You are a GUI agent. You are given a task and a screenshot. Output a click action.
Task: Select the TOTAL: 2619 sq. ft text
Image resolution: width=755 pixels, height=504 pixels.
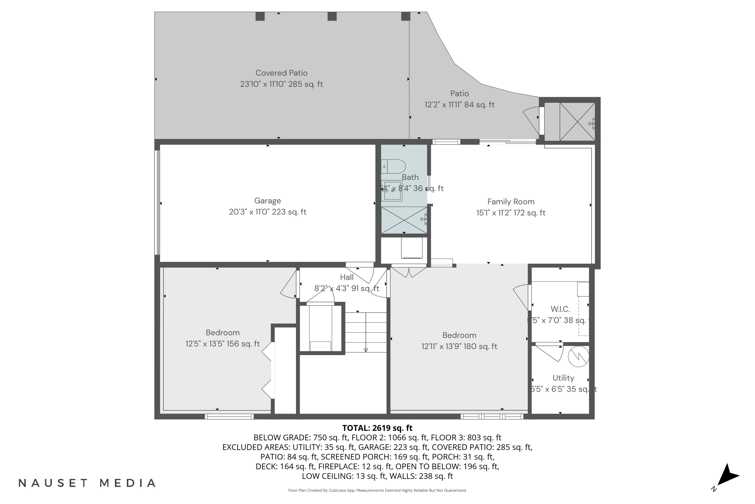click(377, 428)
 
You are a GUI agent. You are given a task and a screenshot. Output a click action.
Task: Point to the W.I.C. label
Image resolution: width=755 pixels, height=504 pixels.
click(560, 309)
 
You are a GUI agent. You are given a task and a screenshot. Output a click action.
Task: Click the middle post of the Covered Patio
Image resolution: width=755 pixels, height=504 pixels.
click(332, 16)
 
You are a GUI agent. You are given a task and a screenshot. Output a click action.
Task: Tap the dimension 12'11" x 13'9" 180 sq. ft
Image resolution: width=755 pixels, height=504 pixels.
click(459, 346)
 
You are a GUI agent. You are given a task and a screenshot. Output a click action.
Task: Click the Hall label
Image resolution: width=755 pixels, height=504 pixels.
click(347, 277)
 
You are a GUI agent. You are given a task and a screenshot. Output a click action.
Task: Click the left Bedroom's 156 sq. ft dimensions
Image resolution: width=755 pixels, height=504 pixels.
click(222, 344)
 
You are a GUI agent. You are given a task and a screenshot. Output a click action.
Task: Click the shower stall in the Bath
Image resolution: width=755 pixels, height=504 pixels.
click(404, 220)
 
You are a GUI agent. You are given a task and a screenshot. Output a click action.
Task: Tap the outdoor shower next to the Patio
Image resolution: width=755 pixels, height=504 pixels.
click(577, 122)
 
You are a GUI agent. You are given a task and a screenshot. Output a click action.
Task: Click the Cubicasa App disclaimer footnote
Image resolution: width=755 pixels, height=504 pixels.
click(377, 490)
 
